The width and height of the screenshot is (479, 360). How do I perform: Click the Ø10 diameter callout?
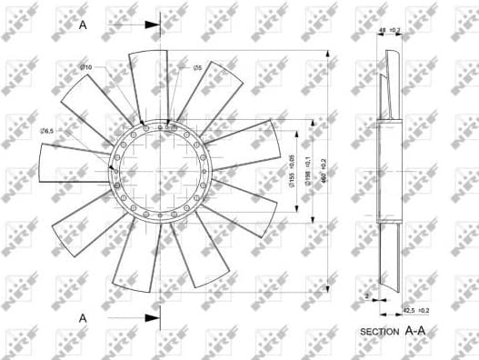pyautogui.click(x=86, y=68)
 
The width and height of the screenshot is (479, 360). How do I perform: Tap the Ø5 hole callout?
pyautogui.click(x=197, y=68)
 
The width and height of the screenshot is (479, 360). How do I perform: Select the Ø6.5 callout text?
pyautogui.click(x=47, y=132)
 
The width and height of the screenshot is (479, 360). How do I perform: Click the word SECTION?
pyautogui.click(x=381, y=333)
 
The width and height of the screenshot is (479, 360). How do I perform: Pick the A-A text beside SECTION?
pyautogui.click(x=414, y=332)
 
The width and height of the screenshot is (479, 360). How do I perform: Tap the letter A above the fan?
pyautogui.click(x=84, y=26)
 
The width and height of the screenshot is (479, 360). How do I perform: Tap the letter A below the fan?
pyautogui.click(x=84, y=318)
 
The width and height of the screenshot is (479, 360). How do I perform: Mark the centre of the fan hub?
pyautogui.click(x=160, y=170)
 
